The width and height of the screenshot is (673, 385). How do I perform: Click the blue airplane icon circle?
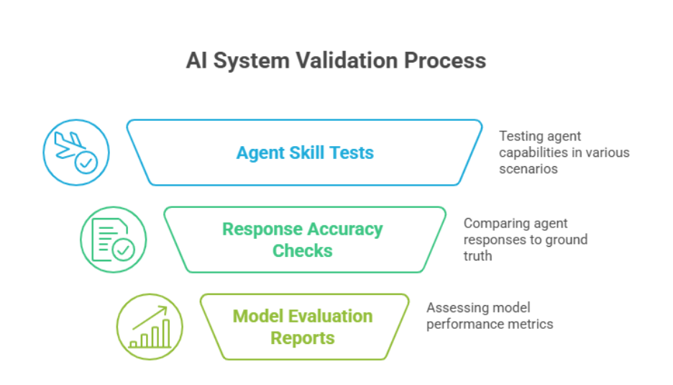click(x=76, y=153)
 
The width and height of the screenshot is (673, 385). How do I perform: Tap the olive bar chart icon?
click(x=150, y=327)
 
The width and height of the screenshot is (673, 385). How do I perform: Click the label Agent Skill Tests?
click(x=305, y=153)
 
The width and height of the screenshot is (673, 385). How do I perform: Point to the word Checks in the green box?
click(x=303, y=250)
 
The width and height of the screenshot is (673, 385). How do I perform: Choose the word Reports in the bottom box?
click(x=303, y=338)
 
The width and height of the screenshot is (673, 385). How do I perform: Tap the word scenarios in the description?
click(x=528, y=169)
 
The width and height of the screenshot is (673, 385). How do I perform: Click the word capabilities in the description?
click(x=531, y=153)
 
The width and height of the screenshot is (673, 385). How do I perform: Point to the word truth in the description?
click(x=477, y=255)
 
